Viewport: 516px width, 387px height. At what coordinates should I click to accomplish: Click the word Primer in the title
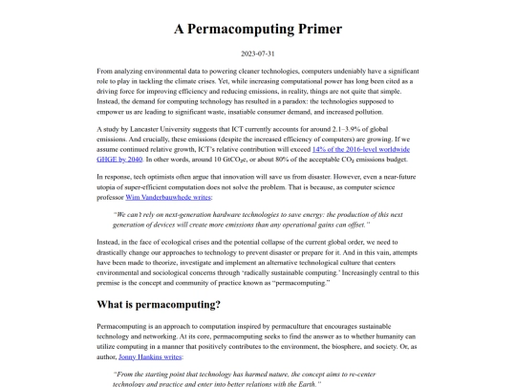click(313, 28)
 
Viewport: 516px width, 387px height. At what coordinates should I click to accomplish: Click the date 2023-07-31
click(258, 54)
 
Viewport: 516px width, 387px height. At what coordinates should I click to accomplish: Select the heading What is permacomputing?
click(159, 305)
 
